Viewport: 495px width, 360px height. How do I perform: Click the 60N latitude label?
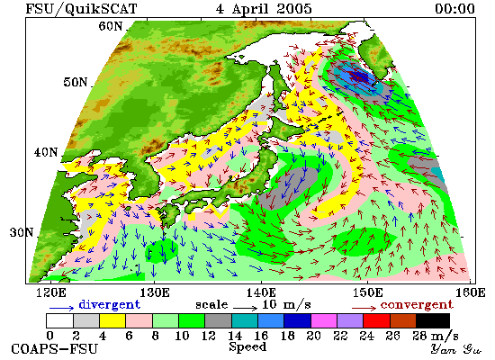[110, 26]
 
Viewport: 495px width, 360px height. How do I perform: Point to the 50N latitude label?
[75, 83]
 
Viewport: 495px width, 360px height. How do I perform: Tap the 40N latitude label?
[46, 152]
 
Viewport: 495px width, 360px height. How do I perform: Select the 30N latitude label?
[22, 233]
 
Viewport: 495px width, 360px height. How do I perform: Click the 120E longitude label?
[51, 293]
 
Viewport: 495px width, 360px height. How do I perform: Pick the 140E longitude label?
[261, 293]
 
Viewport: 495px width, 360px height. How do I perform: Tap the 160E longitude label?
[471, 293]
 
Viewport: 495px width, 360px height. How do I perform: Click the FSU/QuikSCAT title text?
[81, 8]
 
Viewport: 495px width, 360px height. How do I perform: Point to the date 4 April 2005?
[264, 8]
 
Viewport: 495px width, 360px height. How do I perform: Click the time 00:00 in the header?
[454, 8]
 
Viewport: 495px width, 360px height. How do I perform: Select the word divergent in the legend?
[109, 304]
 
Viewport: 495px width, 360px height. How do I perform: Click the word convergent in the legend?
[417, 305]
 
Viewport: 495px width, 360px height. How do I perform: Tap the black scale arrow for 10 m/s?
[246, 307]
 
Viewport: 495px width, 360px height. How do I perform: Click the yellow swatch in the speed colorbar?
[112, 320]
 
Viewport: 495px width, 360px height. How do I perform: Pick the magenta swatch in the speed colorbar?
[324, 320]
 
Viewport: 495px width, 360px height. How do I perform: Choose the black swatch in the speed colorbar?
[433, 320]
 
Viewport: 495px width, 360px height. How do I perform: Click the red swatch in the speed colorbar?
[376, 320]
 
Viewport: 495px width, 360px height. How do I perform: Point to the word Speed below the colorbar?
[247, 346]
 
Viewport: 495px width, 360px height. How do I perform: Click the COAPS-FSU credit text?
[54, 349]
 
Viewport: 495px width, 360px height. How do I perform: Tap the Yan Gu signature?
[456, 349]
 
